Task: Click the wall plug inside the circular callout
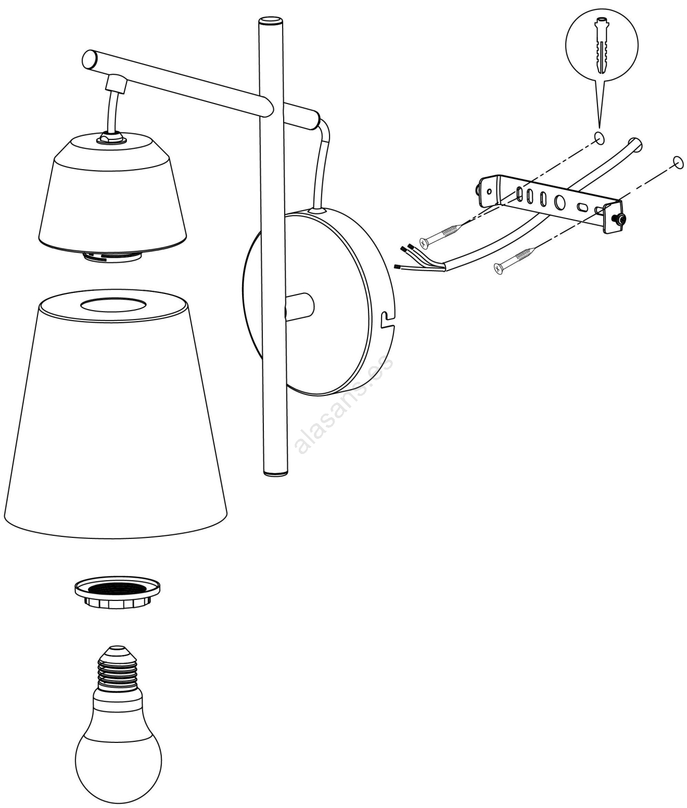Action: pos(601,46)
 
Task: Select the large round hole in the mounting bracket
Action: pos(560,203)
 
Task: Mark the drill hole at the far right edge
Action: pos(678,163)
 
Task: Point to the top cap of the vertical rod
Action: pos(271,22)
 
